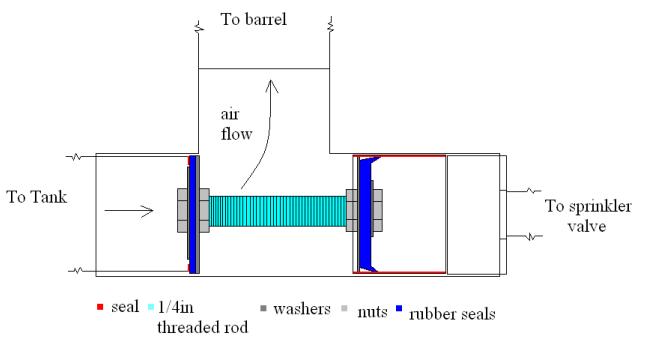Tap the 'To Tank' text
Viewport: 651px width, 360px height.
pos(34,197)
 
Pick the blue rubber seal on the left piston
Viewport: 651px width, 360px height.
pos(191,211)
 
